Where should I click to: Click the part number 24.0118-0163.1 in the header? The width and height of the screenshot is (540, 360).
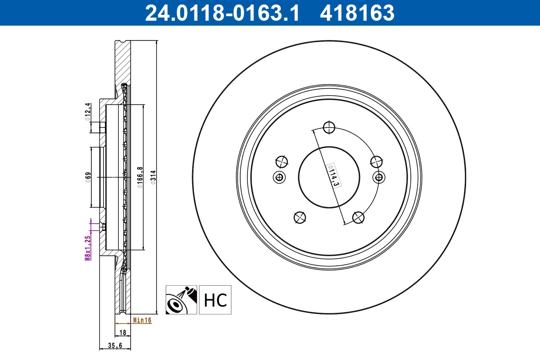(221, 13)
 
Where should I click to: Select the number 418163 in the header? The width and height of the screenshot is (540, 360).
(357, 13)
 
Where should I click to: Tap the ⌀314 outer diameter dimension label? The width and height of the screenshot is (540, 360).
(153, 176)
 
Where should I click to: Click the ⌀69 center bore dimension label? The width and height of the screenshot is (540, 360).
(88, 176)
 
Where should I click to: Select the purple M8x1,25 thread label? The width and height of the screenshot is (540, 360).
(88, 247)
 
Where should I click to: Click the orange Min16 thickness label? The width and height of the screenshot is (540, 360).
(142, 320)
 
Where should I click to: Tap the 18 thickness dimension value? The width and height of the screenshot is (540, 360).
(122, 333)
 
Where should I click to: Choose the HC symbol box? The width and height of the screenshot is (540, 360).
(215, 300)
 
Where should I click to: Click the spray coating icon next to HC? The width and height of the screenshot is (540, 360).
(181, 300)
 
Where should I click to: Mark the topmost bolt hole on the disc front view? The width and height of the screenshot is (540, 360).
(329, 127)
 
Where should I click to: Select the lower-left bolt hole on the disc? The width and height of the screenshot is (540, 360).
(299, 218)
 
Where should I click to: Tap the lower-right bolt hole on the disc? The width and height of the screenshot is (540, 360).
(358, 218)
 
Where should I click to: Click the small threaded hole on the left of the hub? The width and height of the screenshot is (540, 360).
(279, 177)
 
